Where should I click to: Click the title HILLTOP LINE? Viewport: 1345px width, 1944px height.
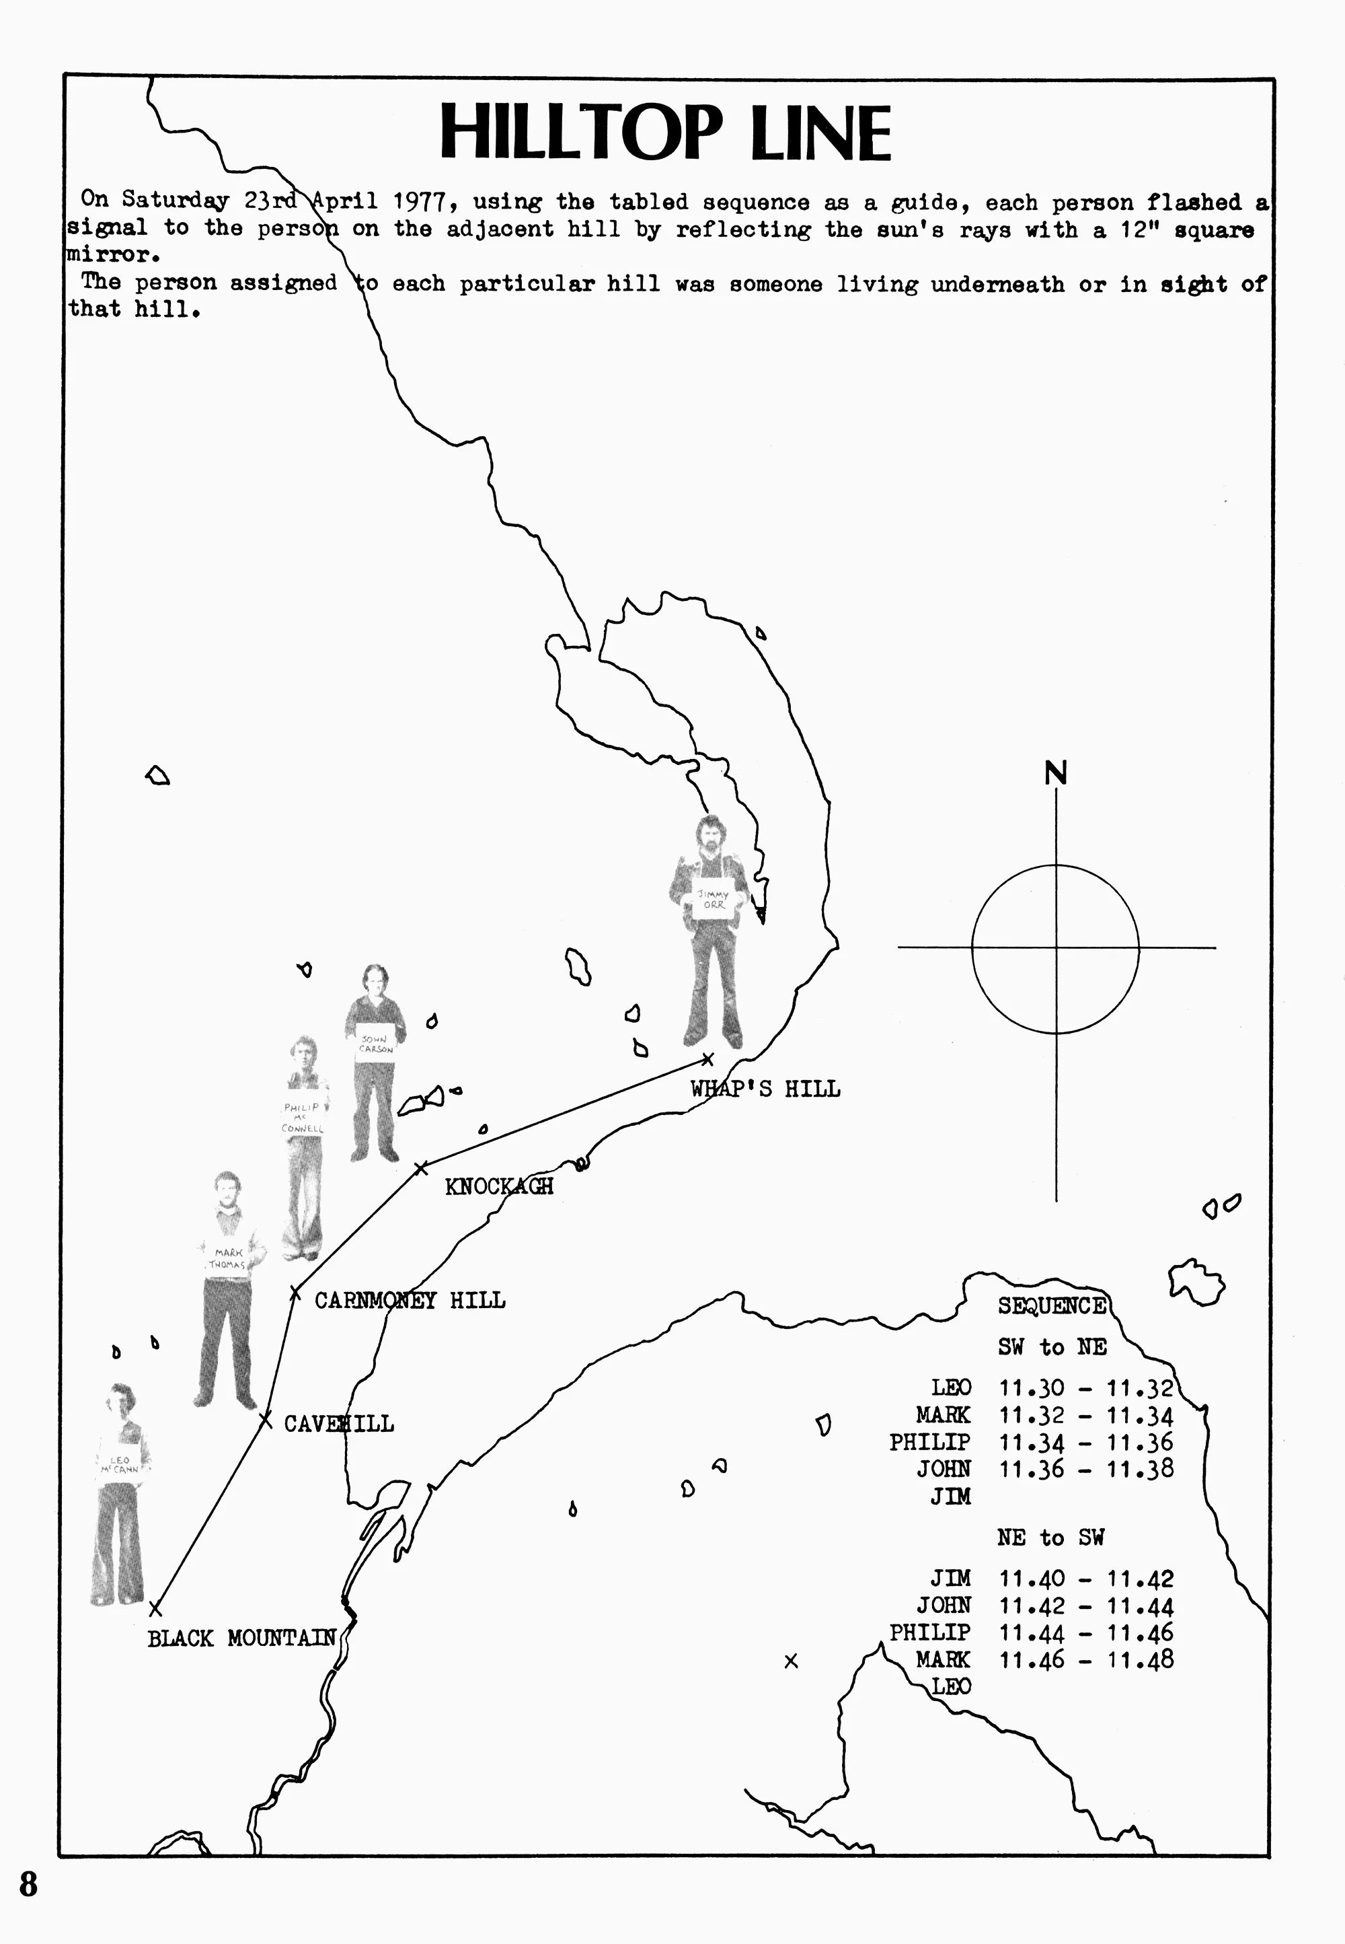[x=665, y=133]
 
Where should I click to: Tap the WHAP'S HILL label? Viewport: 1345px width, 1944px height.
[x=765, y=1089]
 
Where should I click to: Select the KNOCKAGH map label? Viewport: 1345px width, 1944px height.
[x=499, y=1186]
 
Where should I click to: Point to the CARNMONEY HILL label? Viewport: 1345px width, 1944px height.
[x=410, y=1300]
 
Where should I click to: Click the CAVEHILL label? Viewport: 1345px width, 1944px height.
[x=339, y=1424]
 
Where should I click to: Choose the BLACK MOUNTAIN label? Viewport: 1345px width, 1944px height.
[x=242, y=1638]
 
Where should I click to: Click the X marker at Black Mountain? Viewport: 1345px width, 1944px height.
[x=155, y=1610]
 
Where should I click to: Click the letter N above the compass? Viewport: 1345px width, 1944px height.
[x=1056, y=773]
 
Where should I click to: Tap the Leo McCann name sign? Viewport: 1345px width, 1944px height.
[x=119, y=1464]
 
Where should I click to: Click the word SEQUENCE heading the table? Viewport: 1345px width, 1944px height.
[x=1052, y=1306]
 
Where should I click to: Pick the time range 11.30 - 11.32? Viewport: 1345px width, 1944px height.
[x=1085, y=1388]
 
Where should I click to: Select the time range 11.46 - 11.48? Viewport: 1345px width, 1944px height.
[x=1085, y=1660]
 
